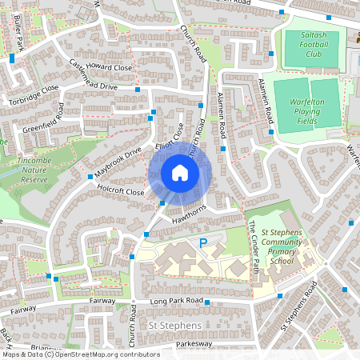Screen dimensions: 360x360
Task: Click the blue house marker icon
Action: click(180, 173)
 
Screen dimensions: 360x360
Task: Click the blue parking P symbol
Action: click(202, 242)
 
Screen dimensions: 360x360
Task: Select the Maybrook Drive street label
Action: click(118, 162)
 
